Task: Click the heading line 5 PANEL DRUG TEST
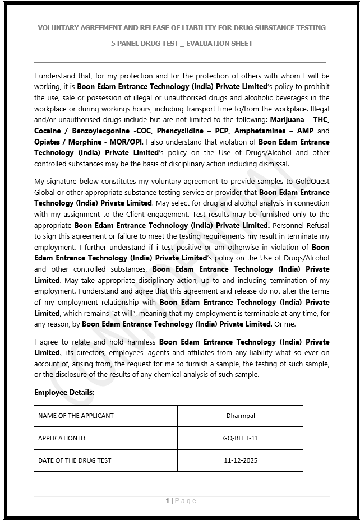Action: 182,44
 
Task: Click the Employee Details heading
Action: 66,393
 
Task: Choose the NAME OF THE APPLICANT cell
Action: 76,416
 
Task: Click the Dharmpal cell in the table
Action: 240,416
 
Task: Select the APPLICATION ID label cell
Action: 62,438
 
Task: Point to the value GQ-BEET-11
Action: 240,438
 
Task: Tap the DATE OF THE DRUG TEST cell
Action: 75,460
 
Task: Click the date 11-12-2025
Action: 240,460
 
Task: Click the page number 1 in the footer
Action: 167,501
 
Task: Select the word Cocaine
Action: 48,131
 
